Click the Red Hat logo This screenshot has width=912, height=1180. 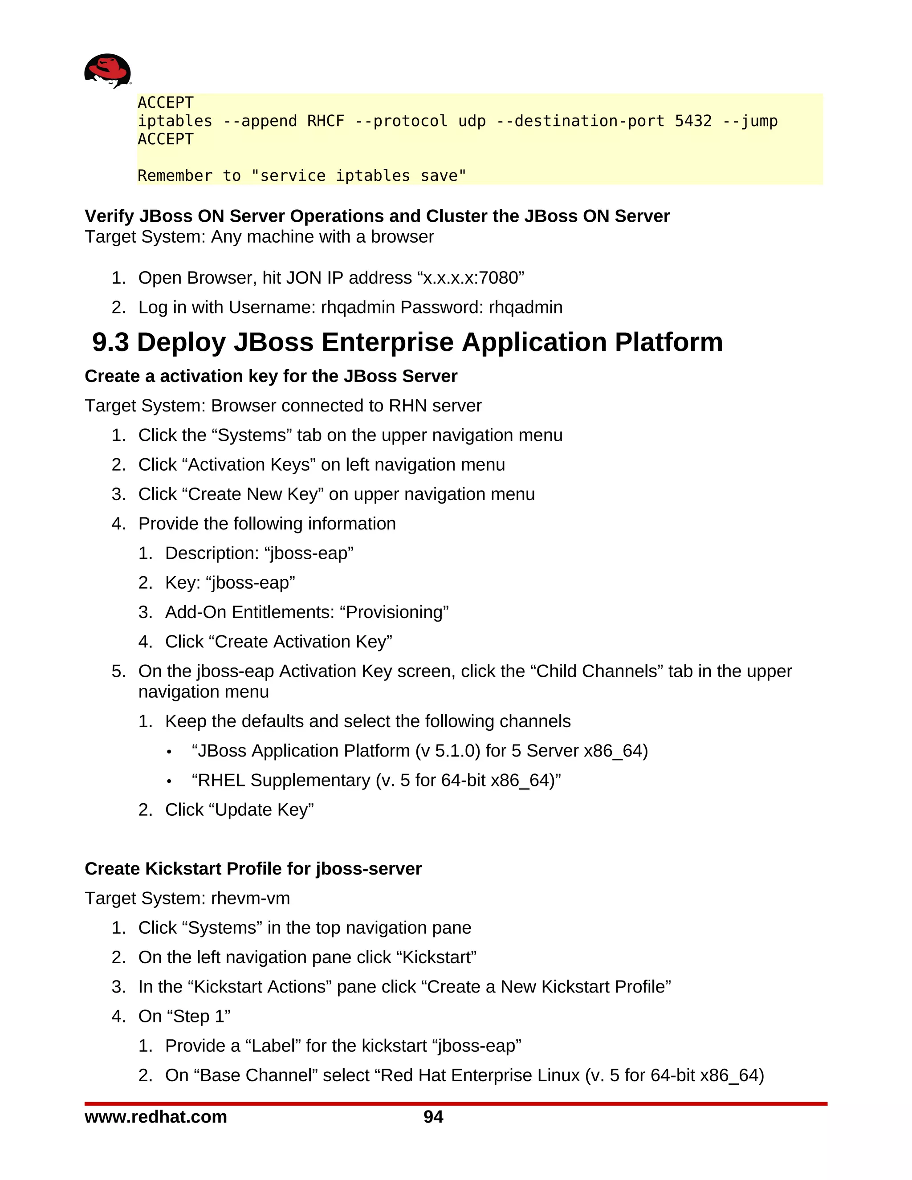(x=107, y=71)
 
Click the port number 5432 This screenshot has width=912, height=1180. (x=693, y=121)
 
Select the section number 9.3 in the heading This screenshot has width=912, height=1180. (x=111, y=342)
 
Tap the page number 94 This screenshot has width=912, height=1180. (x=433, y=1117)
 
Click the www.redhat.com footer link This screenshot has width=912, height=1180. (x=155, y=1117)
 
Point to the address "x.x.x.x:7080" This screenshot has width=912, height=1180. (x=471, y=278)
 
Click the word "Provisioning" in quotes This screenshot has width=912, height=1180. (x=394, y=612)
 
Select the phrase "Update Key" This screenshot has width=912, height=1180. (x=264, y=810)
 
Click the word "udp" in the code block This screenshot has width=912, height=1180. (x=472, y=121)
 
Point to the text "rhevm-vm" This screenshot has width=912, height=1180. (x=250, y=898)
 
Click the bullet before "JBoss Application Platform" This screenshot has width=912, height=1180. (x=169, y=752)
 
